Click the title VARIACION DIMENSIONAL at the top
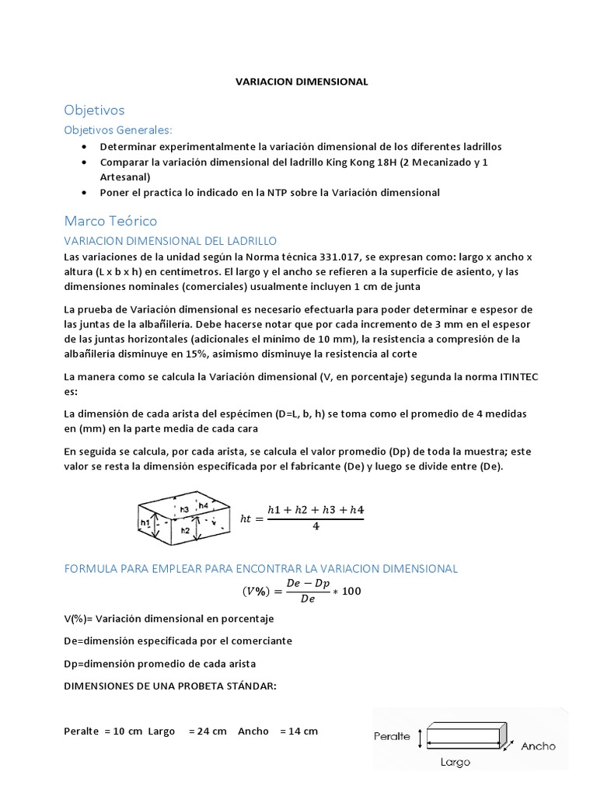click(302, 81)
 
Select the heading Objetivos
click(94, 110)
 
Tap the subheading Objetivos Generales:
click(117, 129)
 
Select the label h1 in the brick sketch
click(145, 523)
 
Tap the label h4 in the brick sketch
click(203, 505)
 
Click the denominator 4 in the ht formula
click(316, 525)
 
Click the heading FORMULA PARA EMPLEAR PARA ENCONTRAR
click(260, 568)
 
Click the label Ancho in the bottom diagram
click(538, 745)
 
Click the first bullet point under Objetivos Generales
click(85, 146)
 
